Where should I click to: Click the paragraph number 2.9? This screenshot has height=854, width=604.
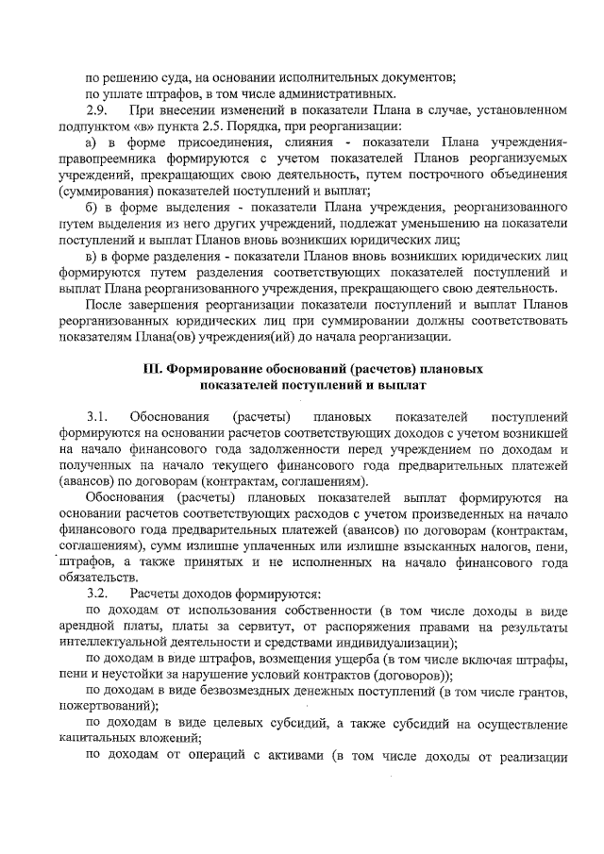[x=97, y=109]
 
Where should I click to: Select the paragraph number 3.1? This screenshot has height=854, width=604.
[x=97, y=415]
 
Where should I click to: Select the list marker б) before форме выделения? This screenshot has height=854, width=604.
[x=92, y=206]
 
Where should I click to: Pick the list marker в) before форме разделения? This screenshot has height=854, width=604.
[x=92, y=255]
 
